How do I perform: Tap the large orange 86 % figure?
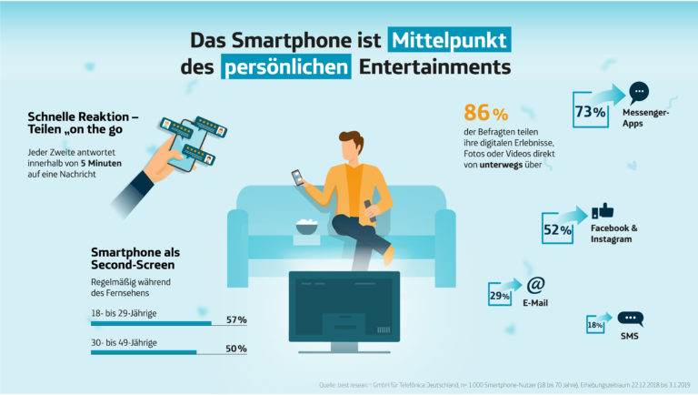pyautogui.click(x=485, y=114)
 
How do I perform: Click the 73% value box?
pyautogui.click(x=590, y=112)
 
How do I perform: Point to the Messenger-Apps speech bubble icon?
pyautogui.click(x=640, y=93)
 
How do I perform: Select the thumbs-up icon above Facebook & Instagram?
pyautogui.click(x=602, y=211)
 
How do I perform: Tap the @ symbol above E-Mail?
pyautogui.click(x=535, y=284)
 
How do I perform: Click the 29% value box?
pyautogui.click(x=499, y=296)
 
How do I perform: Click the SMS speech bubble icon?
pyautogui.click(x=630, y=319)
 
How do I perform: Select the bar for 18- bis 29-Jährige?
pyautogui.click(x=151, y=322)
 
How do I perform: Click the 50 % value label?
pyautogui.click(x=236, y=349)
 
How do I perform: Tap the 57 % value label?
pyautogui.click(x=236, y=319)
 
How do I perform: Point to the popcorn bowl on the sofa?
pyautogui.click(x=307, y=228)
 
